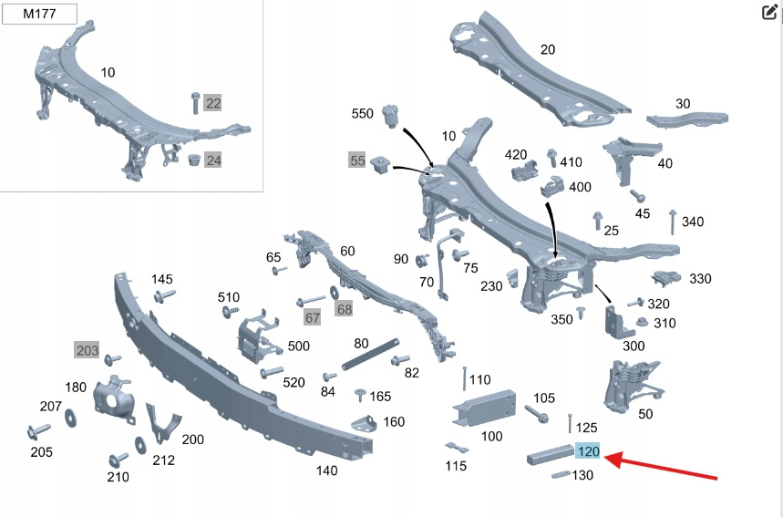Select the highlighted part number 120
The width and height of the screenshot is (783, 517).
[x=588, y=450]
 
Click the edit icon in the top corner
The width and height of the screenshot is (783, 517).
[x=768, y=12]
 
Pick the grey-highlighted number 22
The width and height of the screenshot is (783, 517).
[x=212, y=103]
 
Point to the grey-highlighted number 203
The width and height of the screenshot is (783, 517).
[x=87, y=350]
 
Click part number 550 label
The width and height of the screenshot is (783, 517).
[x=363, y=114]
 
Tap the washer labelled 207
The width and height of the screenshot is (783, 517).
[x=72, y=418]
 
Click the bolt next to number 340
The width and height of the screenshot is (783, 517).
[x=672, y=222]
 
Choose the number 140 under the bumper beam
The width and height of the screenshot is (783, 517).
[x=326, y=470]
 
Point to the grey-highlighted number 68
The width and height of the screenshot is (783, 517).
[x=344, y=309]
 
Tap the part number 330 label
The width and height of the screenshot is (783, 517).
[x=700, y=279]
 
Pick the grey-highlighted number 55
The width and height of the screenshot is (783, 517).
[x=357, y=161]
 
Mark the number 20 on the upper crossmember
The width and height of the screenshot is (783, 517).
[x=547, y=50]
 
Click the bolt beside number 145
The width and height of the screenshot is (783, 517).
[x=169, y=295]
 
